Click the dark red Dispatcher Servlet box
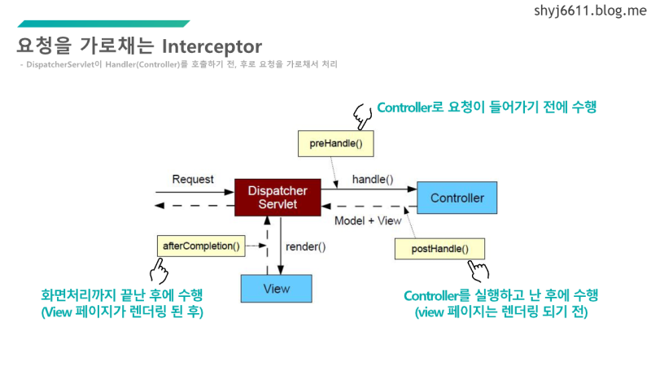(x=276, y=196)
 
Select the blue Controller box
(x=457, y=198)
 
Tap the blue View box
(x=276, y=289)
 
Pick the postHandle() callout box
(x=438, y=248)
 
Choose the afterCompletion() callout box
(x=201, y=245)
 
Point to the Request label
(x=193, y=179)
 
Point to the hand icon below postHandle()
(x=477, y=271)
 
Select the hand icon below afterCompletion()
(x=159, y=268)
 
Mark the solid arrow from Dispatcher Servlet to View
(x=281, y=244)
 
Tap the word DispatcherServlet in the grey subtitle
(x=60, y=63)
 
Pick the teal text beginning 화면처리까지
(x=122, y=294)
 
